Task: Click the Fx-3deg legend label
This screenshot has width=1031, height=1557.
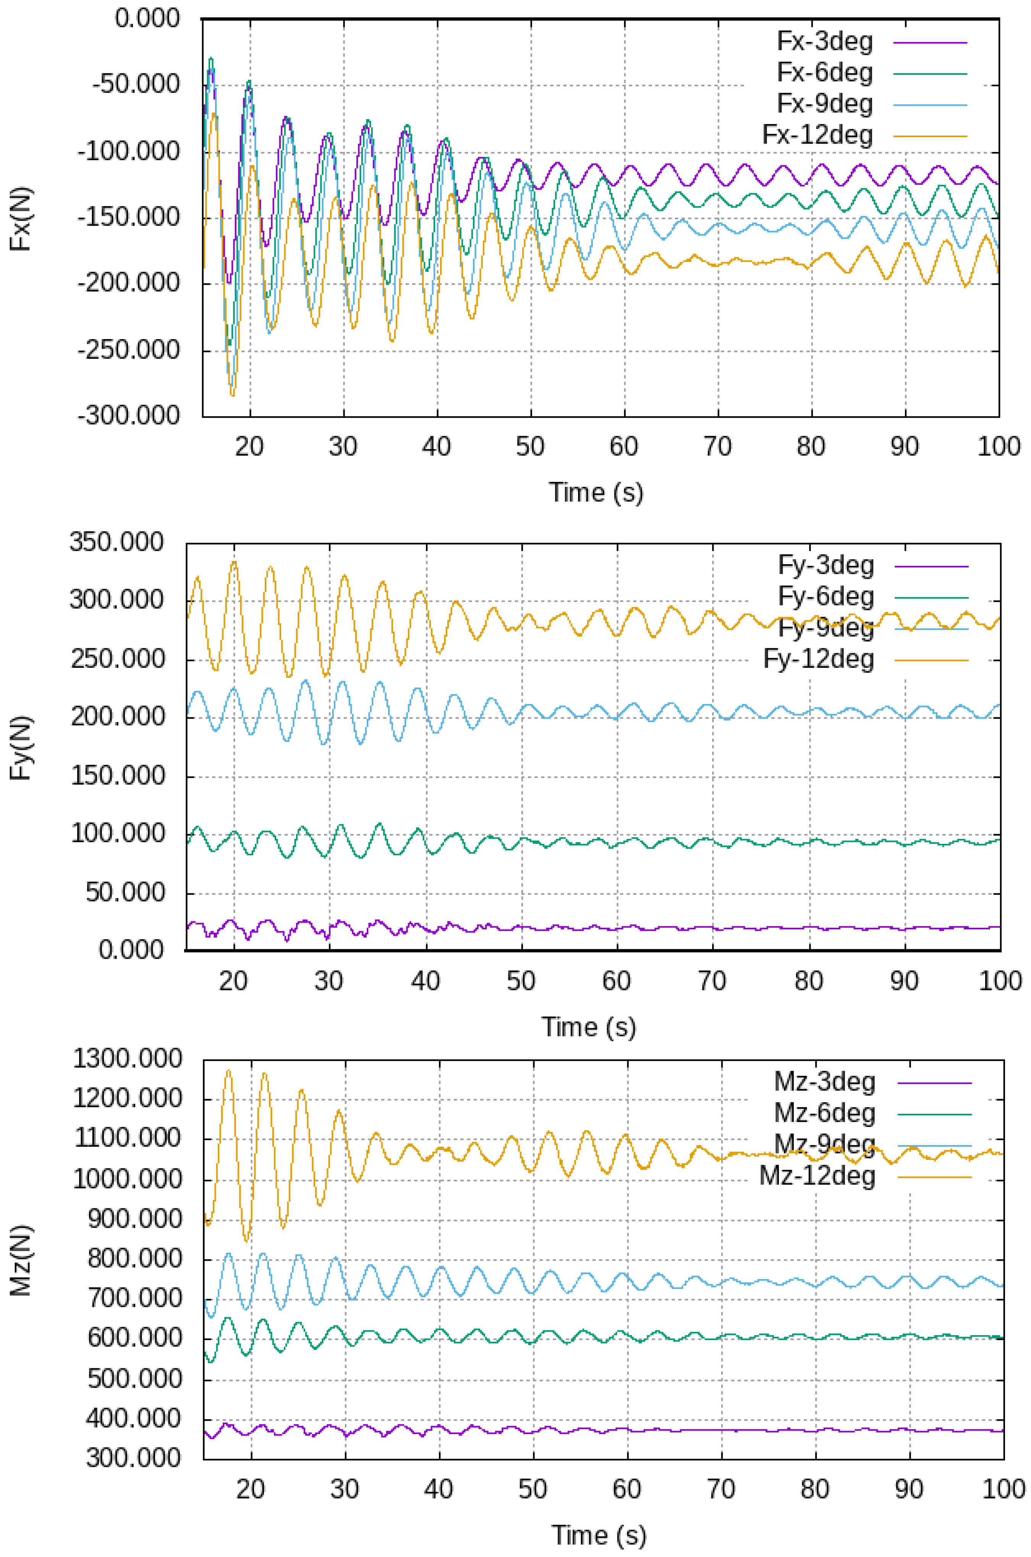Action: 825,41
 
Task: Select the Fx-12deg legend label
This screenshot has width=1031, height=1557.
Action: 817,136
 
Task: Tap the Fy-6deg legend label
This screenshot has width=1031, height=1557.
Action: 826,597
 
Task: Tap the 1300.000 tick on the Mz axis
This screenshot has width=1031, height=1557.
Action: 128,1059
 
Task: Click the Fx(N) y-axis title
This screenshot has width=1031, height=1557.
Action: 22,219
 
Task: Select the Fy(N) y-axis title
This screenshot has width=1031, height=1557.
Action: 22,747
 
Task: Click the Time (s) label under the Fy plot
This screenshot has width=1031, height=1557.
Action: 589,1027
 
